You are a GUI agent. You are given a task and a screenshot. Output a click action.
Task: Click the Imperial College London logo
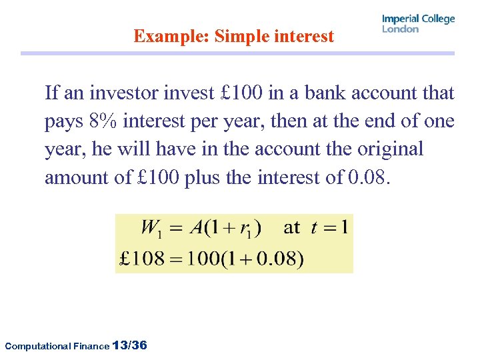click(x=418, y=23)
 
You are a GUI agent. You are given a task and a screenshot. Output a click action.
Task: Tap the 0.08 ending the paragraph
click(x=367, y=178)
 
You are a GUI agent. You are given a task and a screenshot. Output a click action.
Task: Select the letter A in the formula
click(x=195, y=227)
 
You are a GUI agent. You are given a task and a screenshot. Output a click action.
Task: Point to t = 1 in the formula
click(x=329, y=227)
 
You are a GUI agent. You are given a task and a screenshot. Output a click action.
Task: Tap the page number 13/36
click(x=131, y=345)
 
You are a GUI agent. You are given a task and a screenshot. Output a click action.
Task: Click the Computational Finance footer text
click(x=56, y=346)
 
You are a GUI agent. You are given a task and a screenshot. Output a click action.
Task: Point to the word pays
click(x=64, y=122)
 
